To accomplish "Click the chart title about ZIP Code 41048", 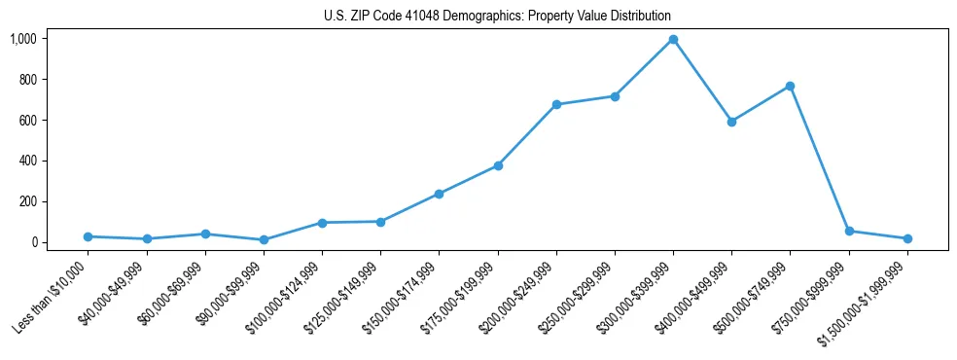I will coord(497,16).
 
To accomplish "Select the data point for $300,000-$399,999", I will coord(673,40).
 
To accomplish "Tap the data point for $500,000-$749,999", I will coord(790,87).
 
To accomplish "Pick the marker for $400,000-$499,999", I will coord(731,122).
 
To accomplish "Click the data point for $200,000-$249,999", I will coord(556,104).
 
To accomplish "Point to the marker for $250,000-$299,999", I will coord(615,96).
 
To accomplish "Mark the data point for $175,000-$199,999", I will coord(498,165).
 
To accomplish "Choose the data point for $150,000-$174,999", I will coord(439,194).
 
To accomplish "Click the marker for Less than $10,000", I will coord(88,236).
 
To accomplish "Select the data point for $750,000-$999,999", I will coord(849,231).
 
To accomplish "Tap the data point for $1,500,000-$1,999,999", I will coord(907,238).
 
